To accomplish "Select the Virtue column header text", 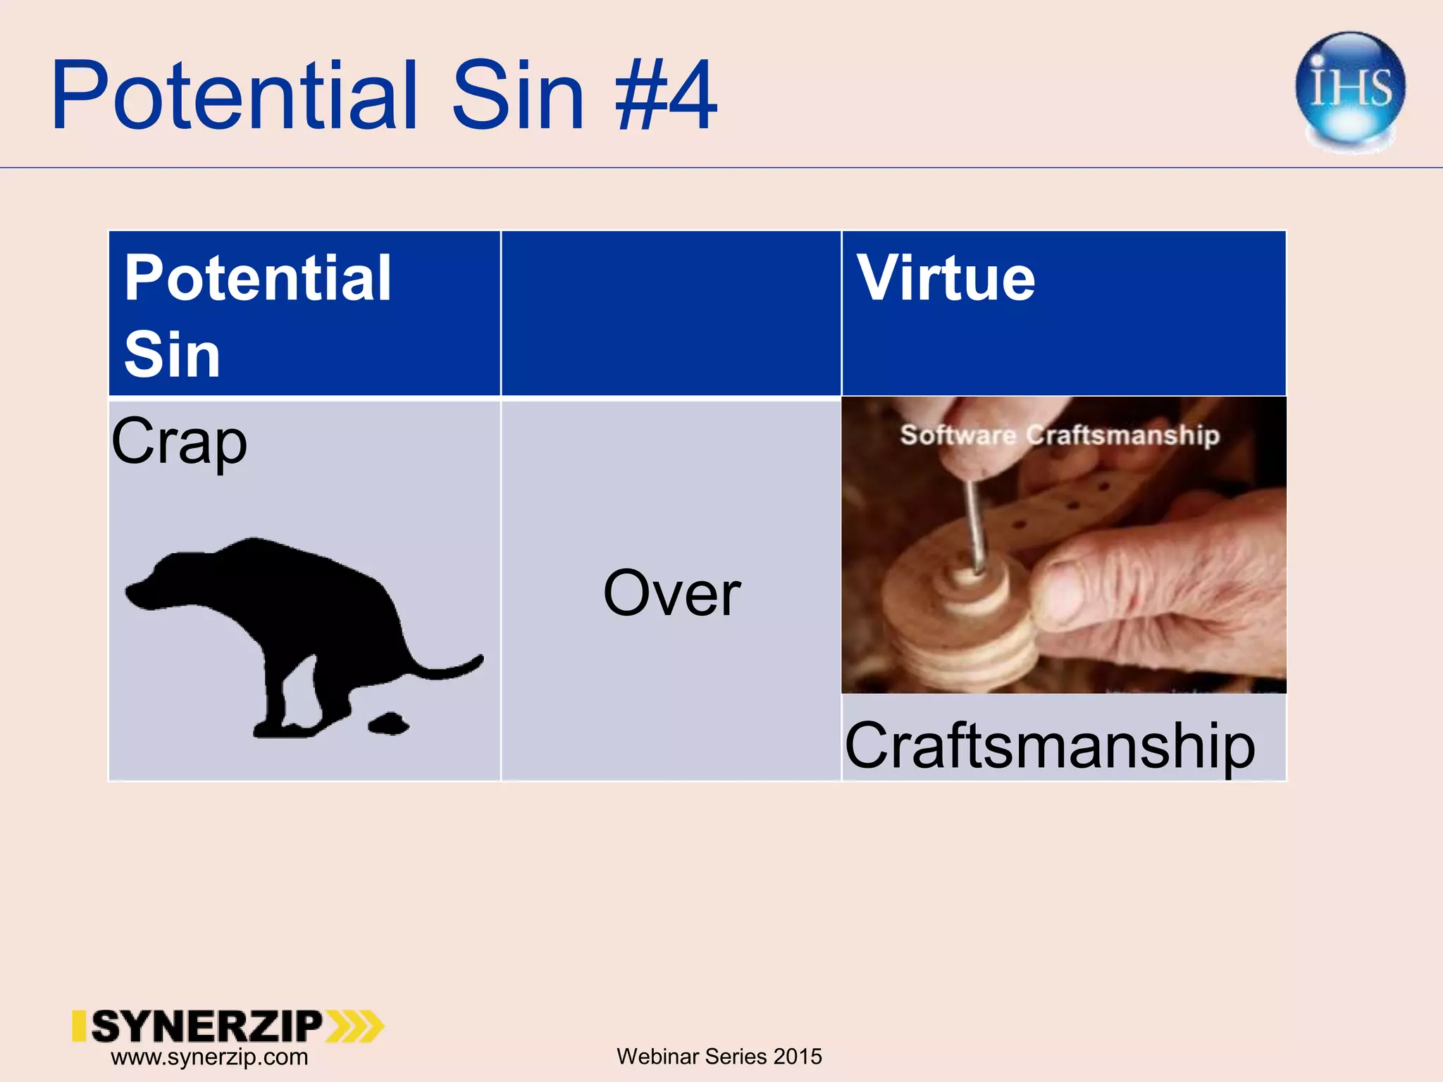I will coord(946,278).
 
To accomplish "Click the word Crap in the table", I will coord(179,442).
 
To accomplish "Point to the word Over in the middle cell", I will coord(671,594).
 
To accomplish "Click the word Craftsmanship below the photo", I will coord(1050,745).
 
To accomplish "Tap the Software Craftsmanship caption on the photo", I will coord(1060,435).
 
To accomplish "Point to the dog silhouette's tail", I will coord(451,668).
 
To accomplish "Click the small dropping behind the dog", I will coord(388,723).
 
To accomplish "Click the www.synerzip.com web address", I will coord(209,1057).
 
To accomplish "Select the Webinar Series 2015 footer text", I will coord(719,1057).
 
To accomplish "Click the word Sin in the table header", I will coord(172,354).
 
